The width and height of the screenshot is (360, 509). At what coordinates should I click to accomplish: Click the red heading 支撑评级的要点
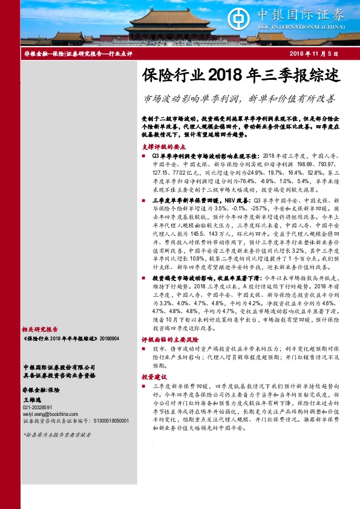click(x=163, y=146)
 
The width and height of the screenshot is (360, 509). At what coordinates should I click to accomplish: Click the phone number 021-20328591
click(x=38, y=408)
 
